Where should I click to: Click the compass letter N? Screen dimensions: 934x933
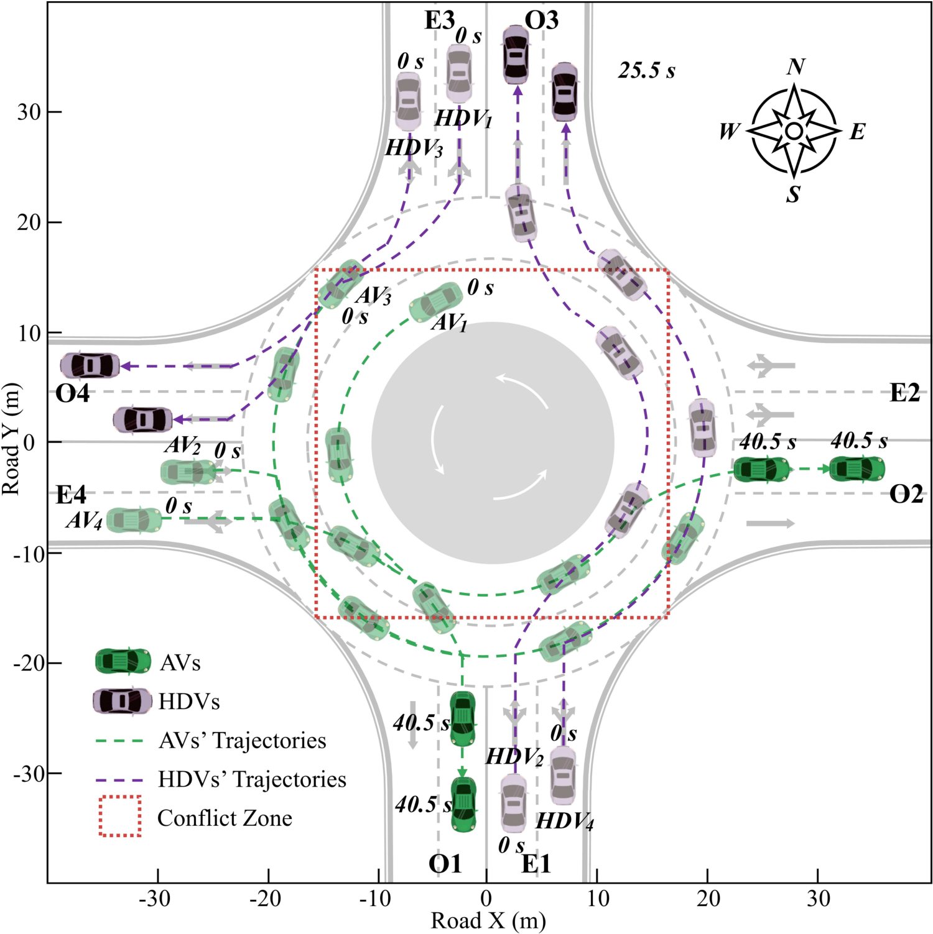pyautogui.click(x=796, y=66)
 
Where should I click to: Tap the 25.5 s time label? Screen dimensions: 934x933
pyautogui.click(x=646, y=71)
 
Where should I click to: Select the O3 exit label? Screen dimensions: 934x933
pyautogui.click(x=541, y=21)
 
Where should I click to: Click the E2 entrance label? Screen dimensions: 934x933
pyautogui.click(x=904, y=393)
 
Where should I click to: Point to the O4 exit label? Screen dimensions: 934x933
pyautogui.click(x=72, y=393)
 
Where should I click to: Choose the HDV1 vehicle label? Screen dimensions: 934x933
pyautogui.click(x=463, y=118)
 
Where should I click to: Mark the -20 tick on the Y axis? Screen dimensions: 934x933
pyautogui.click(x=29, y=663)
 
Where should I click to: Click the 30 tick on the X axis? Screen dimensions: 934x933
pyautogui.click(x=818, y=898)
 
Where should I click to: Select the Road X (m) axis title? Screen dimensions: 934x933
pyautogui.click(x=488, y=920)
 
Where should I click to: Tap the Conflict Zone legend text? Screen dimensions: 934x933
pyautogui.click(x=225, y=818)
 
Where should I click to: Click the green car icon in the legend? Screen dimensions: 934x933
pyautogui.click(x=123, y=661)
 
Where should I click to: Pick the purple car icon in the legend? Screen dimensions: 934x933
pyautogui.click(x=123, y=701)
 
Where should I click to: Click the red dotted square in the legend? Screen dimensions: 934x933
pyautogui.click(x=120, y=816)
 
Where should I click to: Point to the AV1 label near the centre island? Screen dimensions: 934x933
pyautogui.click(x=450, y=322)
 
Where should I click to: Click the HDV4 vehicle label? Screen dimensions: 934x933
pyautogui.click(x=565, y=821)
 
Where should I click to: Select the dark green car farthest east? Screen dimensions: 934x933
pyautogui.click(x=857, y=469)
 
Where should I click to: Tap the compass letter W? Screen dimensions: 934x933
pyautogui.click(x=729, y=131)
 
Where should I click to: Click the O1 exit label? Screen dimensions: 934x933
pyautogui.click(x=445, y=864)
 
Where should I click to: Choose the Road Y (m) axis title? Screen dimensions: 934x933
pyautogui.click(x=11, y=438)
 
